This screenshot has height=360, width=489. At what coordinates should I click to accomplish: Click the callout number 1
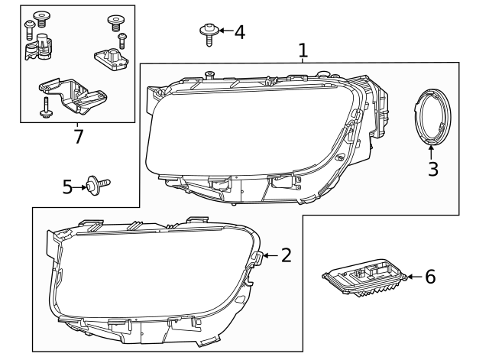coord(303,50)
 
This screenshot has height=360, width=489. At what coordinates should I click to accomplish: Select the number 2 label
coord(286,255)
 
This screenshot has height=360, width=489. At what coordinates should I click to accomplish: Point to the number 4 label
coord(239,32)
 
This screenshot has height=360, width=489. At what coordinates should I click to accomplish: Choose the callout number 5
coord(68,186)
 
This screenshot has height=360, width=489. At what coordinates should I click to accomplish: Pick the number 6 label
coord(430,277)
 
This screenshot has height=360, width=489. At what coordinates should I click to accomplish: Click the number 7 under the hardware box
coord(77,137)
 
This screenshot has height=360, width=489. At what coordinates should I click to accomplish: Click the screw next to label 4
coord(208,33)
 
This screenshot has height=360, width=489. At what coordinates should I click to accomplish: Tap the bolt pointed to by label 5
coord(98,183)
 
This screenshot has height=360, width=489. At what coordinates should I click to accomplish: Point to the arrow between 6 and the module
coord(414,277)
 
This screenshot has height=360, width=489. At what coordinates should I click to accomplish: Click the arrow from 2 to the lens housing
coord(270,255)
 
